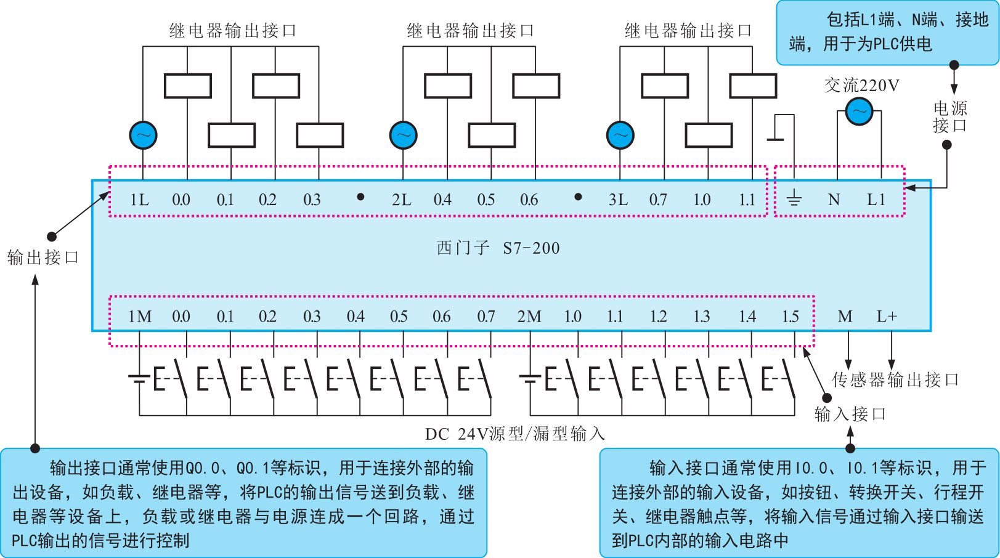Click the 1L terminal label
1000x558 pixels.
139,200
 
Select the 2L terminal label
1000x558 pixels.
401,200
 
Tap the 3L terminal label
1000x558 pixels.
618,200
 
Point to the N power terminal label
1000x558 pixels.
834,200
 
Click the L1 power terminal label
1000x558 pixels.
876,200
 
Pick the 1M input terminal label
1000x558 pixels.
139,317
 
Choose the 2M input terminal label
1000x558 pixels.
529,317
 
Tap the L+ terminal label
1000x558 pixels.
887,317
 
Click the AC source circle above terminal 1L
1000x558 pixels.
143,135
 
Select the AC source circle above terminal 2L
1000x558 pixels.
404,135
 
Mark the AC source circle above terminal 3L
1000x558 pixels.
620,135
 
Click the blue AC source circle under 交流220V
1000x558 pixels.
859,112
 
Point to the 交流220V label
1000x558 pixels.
861,85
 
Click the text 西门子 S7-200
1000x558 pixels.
498,248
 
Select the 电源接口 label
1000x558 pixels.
949,117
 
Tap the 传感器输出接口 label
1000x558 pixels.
895,379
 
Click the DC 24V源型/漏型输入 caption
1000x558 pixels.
514,434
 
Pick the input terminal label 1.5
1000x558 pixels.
791,317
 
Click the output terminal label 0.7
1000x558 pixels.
658,200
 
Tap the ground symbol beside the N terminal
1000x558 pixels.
794,198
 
